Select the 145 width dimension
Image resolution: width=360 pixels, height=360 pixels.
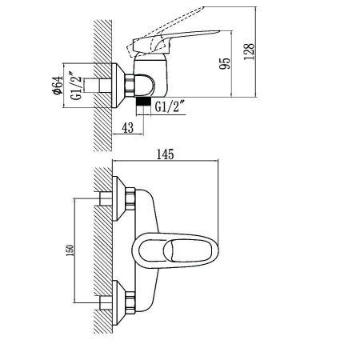point(166,154)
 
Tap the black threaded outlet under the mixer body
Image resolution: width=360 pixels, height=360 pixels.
point(142,102)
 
